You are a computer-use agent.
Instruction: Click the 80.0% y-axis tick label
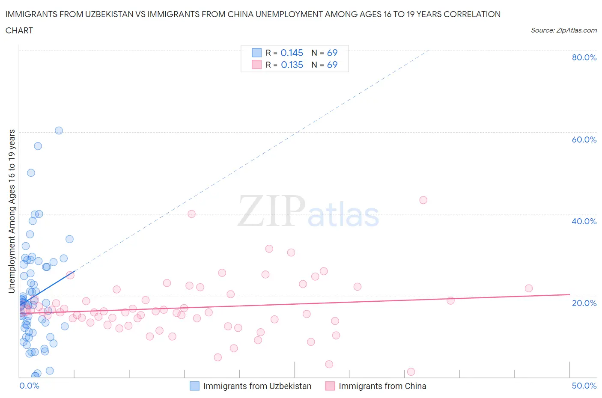[584, 58]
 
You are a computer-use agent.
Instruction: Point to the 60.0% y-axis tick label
[584, 140]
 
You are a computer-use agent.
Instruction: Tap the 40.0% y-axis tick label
[584, 221]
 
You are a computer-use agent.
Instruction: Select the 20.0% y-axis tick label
[584, 303]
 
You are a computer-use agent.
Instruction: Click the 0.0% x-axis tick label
[29, 386]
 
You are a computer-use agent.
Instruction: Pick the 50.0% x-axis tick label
[584, 386]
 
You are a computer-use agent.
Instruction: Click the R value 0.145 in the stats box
[292, 53]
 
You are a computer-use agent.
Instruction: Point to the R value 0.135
[292, 65]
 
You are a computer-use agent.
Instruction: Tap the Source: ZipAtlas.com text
[563, 30]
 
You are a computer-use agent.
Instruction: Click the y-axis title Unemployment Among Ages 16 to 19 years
[12, 211]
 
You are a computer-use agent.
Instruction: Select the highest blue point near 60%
[59, 131]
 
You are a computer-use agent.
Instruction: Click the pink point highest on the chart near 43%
[423, 200]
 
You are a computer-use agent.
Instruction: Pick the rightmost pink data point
[528, 288]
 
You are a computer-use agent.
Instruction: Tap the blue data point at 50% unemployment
[31, 173]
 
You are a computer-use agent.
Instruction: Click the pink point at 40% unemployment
[191, 214]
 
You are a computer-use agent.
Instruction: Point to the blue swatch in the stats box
[256, 53]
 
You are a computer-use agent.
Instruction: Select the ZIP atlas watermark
[308, 211]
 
